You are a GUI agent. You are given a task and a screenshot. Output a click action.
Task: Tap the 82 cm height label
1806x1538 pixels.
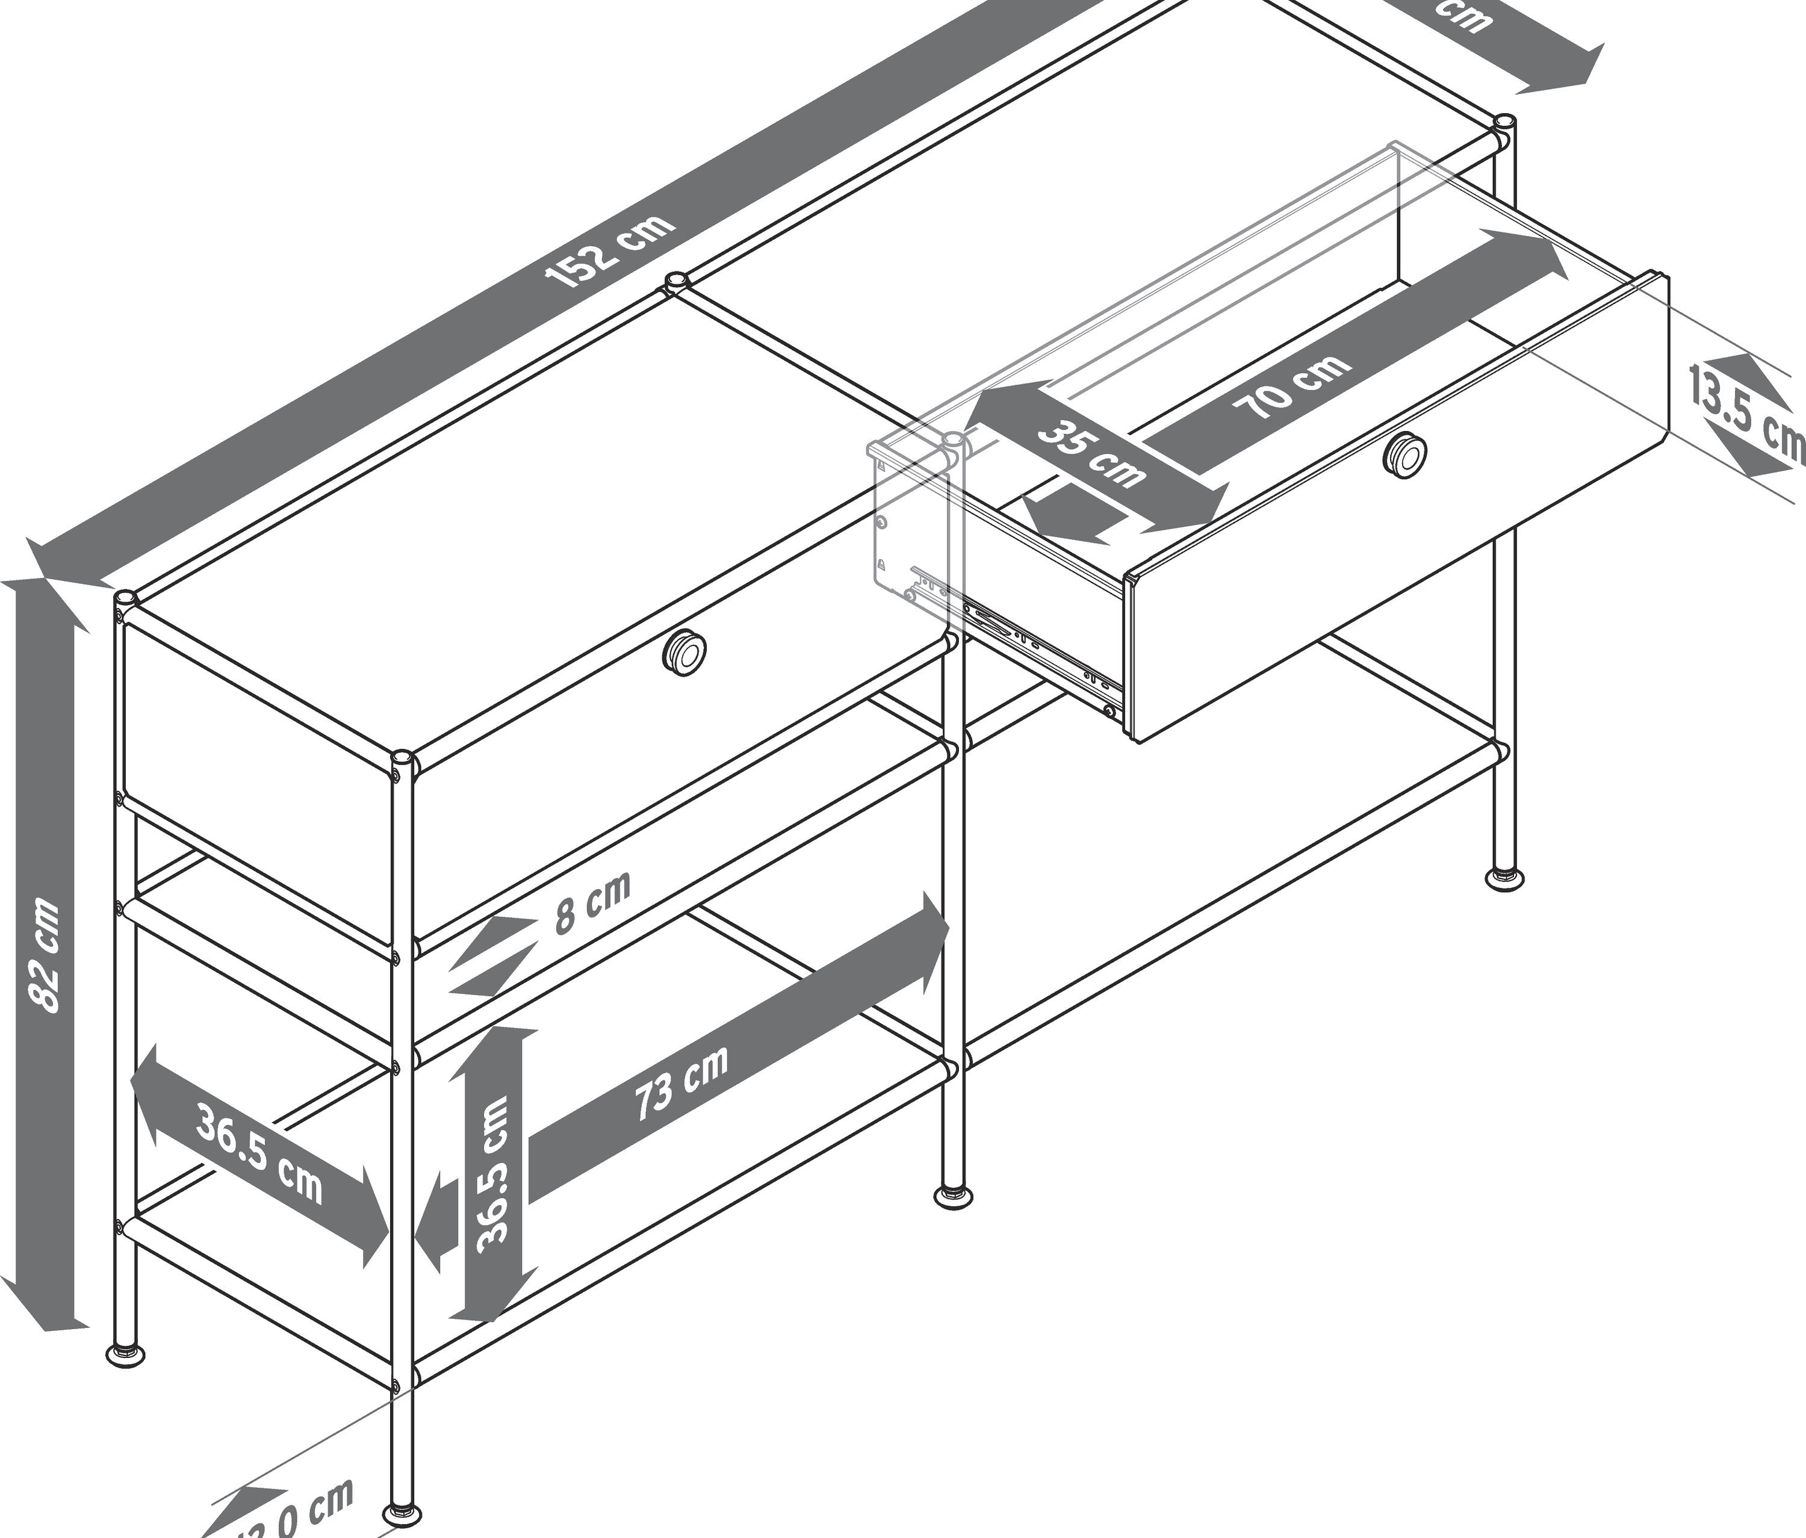point(43,956)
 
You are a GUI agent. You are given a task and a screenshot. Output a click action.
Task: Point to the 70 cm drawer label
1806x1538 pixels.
point(1292,388)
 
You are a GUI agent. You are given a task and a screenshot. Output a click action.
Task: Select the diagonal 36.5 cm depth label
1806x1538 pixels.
point(259,1152)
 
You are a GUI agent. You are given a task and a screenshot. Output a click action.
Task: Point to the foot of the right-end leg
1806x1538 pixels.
point(1504,878)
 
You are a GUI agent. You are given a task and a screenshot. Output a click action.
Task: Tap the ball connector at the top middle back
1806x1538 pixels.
point(675,282)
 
